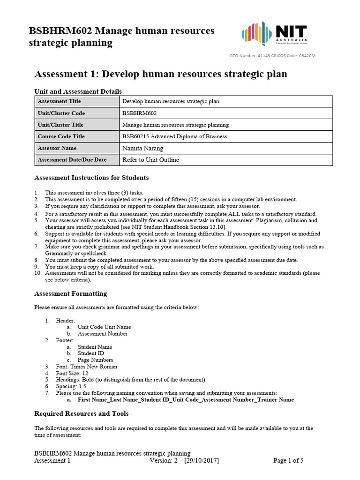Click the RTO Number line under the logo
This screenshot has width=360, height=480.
coord(272,56)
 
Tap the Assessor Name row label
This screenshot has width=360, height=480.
coord(57,148)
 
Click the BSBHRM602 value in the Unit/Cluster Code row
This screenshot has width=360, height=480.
coord(139,113)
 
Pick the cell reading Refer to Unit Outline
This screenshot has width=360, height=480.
coord(150,160)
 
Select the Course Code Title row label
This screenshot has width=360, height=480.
coord(61,136)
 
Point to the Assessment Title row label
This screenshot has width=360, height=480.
coord(59,101)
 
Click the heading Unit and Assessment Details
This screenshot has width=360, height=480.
coord(78,91)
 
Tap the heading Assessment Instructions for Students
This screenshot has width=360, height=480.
coord(92,178)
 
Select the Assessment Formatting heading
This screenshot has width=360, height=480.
coord(71,293)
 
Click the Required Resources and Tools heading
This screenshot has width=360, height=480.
coord(82,413)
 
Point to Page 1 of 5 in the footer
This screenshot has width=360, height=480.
coord(288,460)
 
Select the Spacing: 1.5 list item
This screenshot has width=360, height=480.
coord(73,386)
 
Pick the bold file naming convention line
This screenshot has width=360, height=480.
coord(186,400)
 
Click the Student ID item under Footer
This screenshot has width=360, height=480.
coord(91,353)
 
